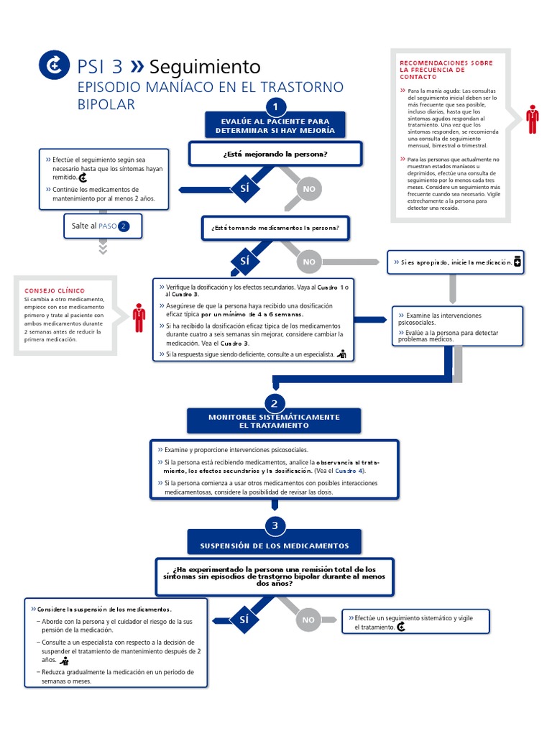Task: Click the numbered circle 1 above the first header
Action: (275, 107)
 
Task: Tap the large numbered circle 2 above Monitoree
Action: (275, 403)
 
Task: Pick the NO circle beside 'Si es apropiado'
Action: (309, 262)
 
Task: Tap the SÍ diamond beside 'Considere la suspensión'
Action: (244, 619)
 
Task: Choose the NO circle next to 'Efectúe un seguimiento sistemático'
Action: (309, 620)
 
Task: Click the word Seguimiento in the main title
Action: (205, 67)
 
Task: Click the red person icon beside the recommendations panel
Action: (532, 119)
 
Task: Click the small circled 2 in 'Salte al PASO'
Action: (124, 226)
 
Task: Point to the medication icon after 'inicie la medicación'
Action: (517, 263)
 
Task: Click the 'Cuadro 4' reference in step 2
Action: (349, 471)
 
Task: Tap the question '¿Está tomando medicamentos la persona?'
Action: (275, 229)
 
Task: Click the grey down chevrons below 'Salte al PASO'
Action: (103, 248)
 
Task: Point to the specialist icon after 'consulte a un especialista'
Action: (341, 354)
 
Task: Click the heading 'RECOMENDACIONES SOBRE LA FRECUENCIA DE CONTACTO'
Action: (446, 70)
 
